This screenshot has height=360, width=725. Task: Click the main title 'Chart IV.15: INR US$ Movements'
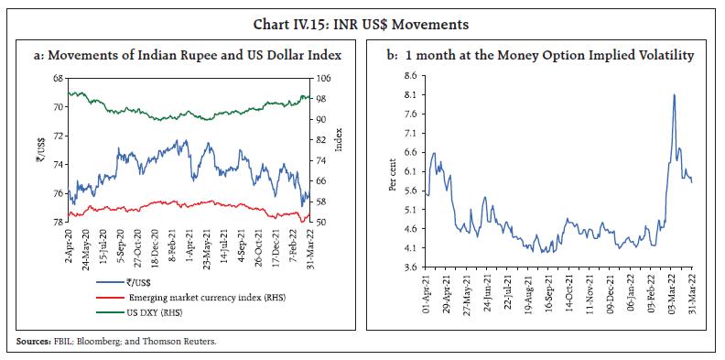(x=362, y=15)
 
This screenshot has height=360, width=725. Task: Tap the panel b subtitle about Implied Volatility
(x=540, y=56)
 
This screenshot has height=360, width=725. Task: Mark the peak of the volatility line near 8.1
(x=675, y=94)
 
